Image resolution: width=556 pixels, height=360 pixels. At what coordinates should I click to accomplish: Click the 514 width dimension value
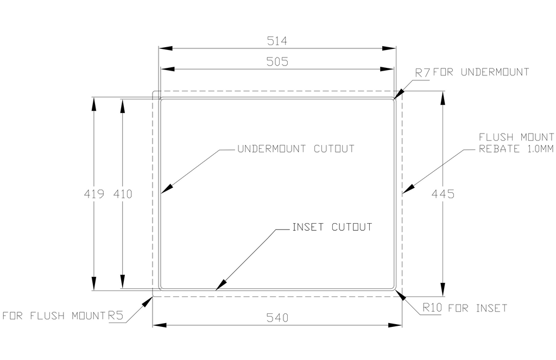(x=276, y=41)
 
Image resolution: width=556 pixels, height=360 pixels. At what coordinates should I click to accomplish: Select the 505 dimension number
(x=276, y=62)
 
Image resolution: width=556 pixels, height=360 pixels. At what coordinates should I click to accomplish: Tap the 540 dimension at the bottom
(x=277, y=317)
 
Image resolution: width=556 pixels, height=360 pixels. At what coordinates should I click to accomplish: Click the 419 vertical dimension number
(x=94, y=193)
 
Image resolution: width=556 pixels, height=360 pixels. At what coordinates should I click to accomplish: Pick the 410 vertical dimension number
(x=123, y=193)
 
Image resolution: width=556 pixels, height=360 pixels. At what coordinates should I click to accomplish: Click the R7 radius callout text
(x=422, y=72)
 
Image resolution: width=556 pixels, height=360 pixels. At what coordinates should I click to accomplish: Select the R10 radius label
(x=433, y=308)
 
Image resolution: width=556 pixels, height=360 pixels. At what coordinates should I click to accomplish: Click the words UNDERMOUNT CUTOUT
(x=296, y=149)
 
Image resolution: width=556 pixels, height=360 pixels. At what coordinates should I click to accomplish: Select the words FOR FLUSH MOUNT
(x=53, y=315)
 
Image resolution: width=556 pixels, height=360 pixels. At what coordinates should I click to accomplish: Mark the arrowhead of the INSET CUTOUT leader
(x=219, y=286)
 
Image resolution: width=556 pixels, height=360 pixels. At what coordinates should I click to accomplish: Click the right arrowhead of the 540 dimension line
(x=397, y=325)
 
